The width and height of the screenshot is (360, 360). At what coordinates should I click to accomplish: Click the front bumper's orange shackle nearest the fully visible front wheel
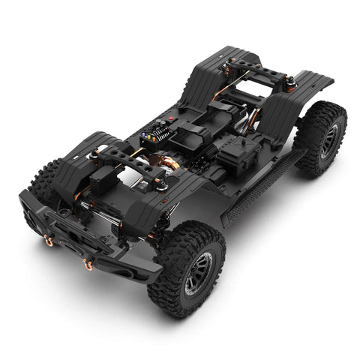[x=88, y=264]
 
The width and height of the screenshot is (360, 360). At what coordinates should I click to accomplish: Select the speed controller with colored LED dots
[x=152, y=136]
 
